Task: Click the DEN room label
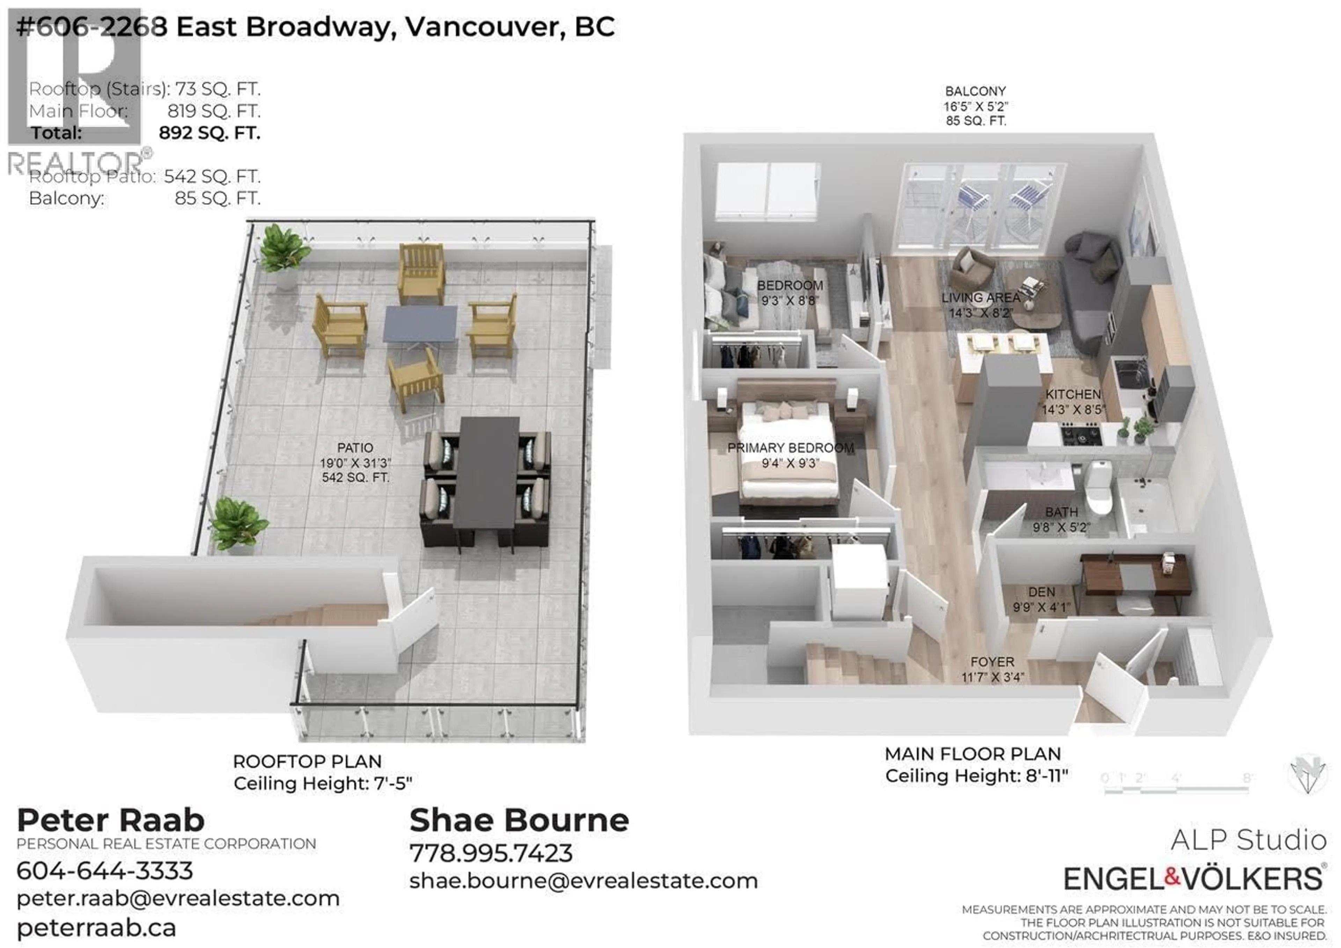1041,592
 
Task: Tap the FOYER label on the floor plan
992,662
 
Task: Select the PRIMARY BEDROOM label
790,448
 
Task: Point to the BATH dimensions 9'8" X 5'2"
1061,528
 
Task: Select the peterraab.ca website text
96,927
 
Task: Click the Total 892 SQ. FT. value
209,133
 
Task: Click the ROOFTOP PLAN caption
307,762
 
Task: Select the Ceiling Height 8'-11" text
976,776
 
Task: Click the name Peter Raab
111,821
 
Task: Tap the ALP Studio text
1248,840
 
